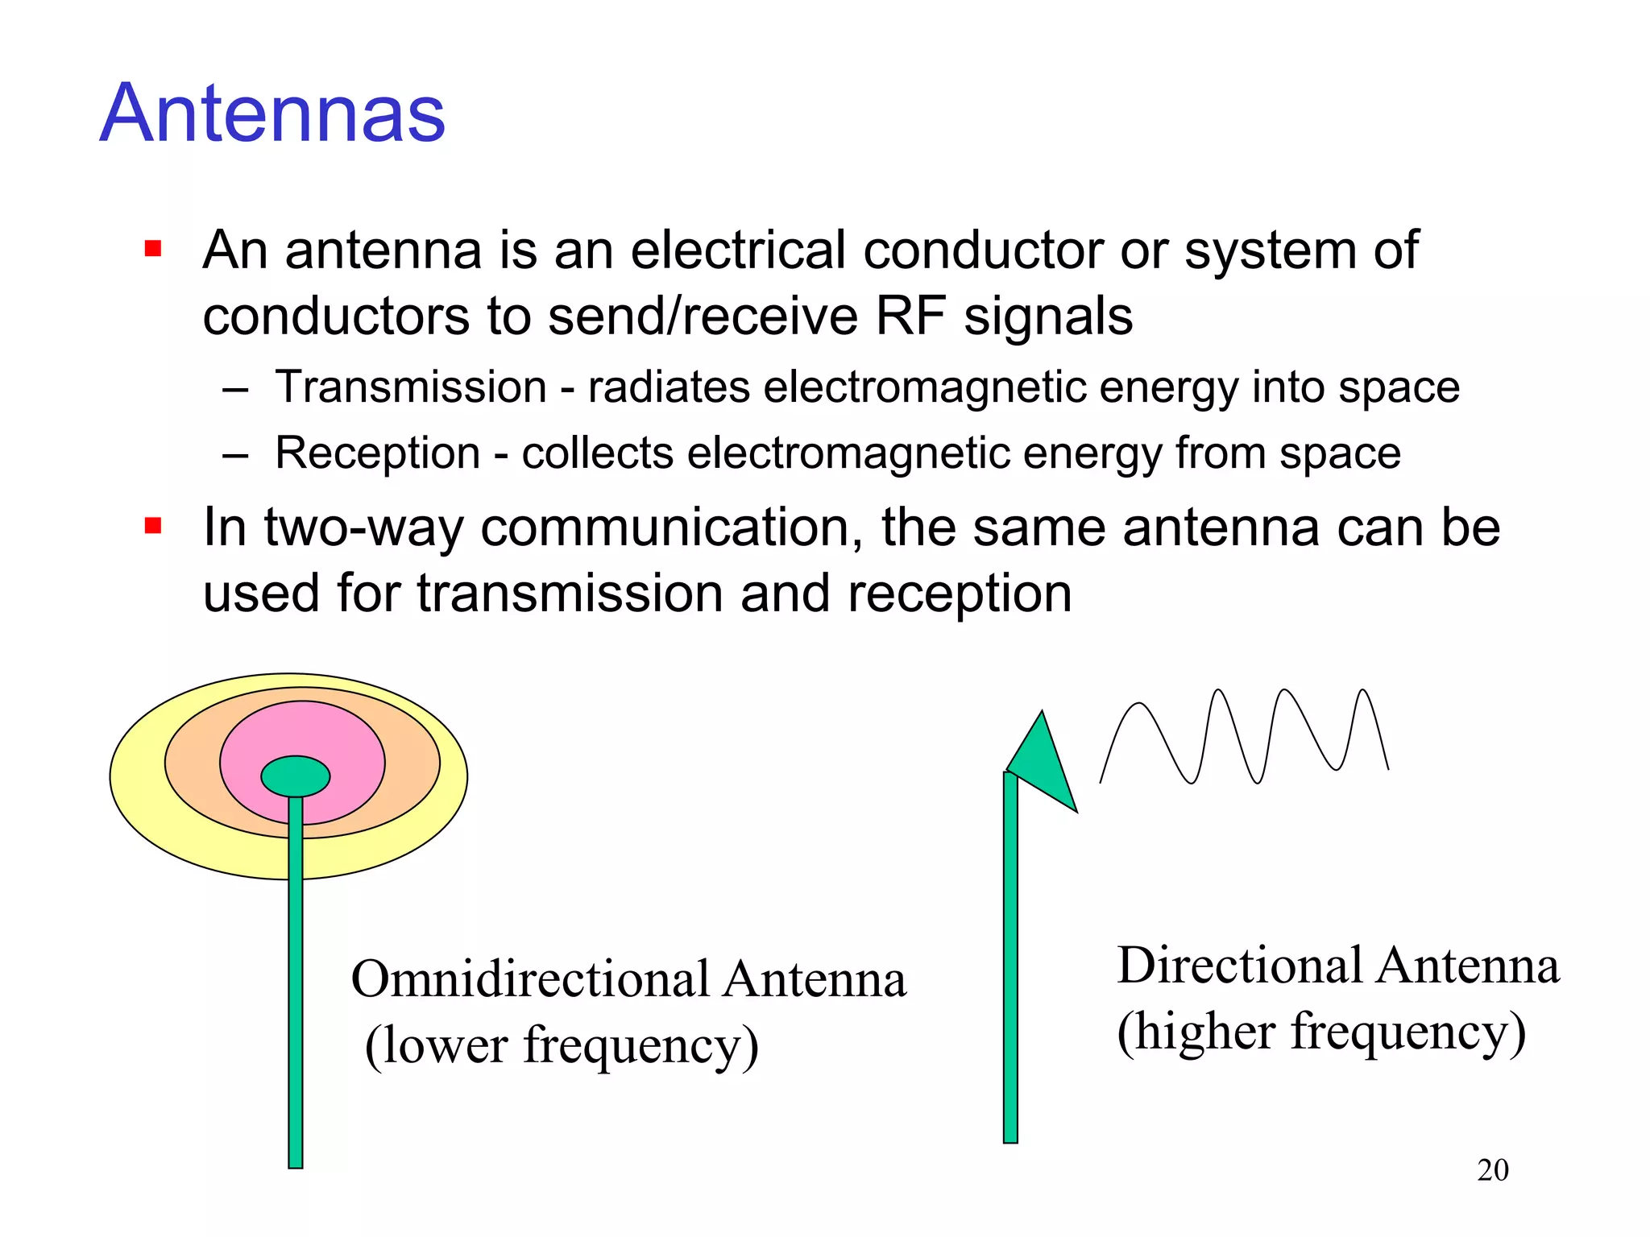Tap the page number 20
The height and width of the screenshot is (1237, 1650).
pos(1492,1169)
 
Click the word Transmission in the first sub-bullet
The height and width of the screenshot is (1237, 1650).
pos(411,387)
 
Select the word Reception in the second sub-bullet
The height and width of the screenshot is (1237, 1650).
pos(377,453)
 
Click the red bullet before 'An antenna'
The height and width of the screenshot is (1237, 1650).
pos(153,248)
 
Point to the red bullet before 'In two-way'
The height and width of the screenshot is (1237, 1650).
pos(153,527)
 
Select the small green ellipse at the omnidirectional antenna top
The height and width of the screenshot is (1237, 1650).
pos(296,776)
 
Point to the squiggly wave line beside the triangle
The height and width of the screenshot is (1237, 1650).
pos(1245,734)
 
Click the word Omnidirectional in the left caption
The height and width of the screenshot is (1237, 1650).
pos(531,980)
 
